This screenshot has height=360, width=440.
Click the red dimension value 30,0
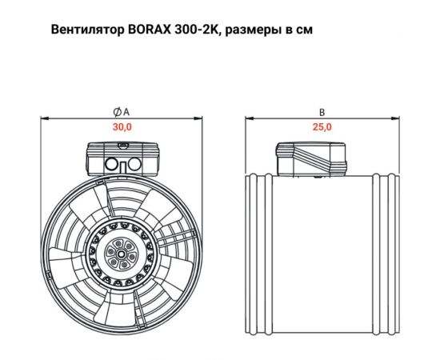tap(122, 127)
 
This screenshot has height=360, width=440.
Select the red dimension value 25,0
tap(322, 127)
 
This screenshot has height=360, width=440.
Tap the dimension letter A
tap(126, 113)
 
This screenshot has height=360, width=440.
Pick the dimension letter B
tap(322, 113)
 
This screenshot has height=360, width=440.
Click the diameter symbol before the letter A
tap(117, 113)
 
